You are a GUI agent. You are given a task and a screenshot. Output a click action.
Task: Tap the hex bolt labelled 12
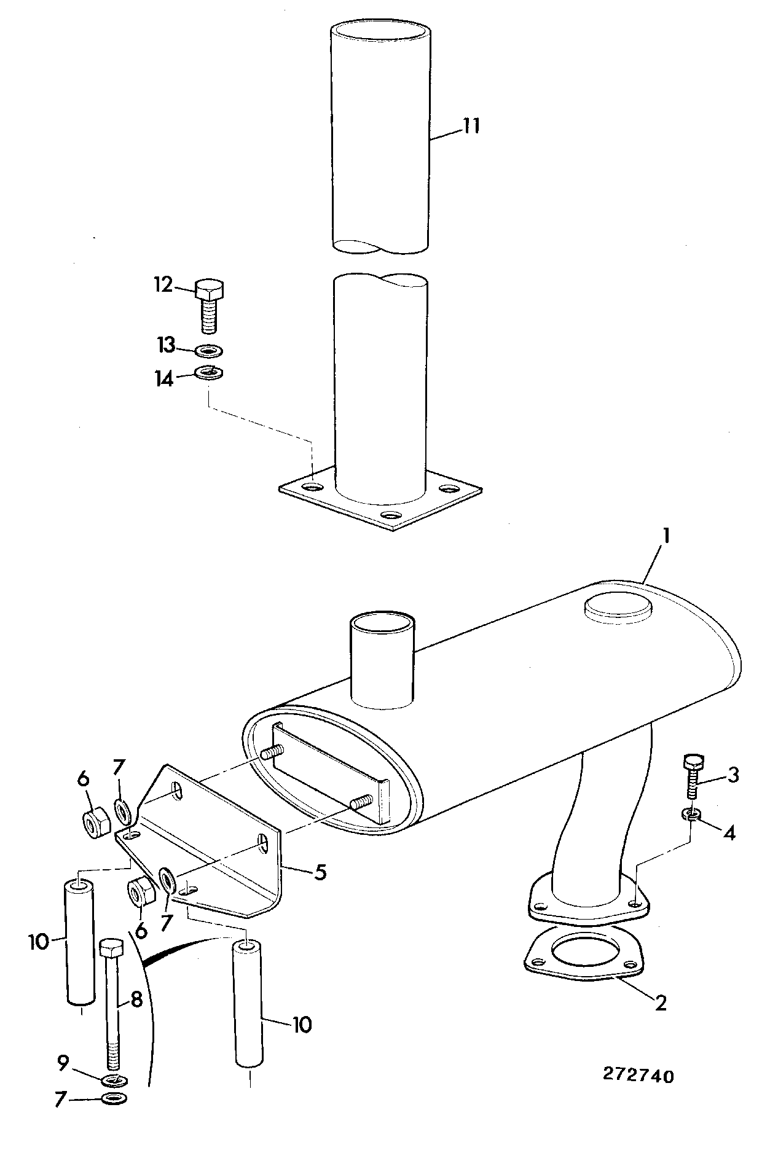[x=210, y=305]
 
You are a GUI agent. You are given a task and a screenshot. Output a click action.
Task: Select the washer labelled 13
[x=209, y=351]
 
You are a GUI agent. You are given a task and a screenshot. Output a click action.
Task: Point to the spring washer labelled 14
[x=209, y=372]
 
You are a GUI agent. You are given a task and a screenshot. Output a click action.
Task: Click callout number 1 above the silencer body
[x=665, y=536]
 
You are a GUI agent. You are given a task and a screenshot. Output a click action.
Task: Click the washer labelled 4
[x=691, y=815]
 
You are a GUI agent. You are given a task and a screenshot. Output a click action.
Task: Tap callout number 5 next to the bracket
[x=320, y=872]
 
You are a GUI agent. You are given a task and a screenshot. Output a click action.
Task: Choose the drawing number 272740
[x=638, y=1076]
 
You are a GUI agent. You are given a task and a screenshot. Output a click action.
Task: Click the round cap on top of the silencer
[x=618, y=605]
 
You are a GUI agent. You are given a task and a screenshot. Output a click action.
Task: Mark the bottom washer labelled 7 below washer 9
[x=114, y=1098]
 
